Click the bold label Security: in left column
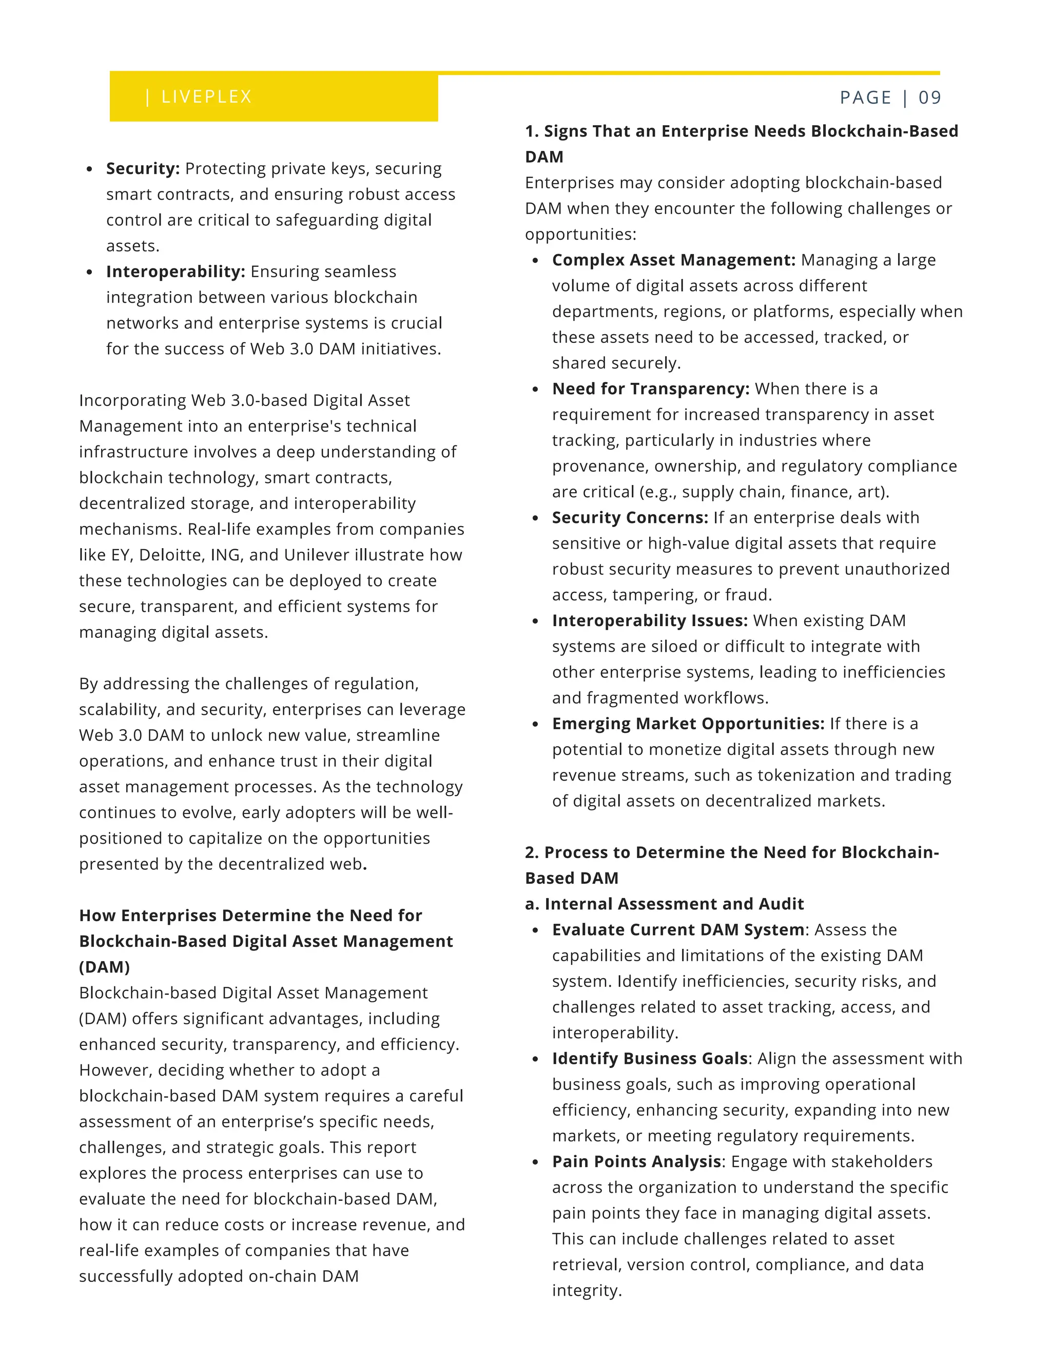[143, 169]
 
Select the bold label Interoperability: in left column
[176, 271]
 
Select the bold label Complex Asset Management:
[673, 260]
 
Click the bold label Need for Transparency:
[650, 388]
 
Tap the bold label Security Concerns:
[630, 517]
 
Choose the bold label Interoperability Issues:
[649, 620]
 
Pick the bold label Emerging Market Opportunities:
[687, 724]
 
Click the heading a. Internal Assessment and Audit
[664, 904]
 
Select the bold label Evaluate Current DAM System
[678, 930]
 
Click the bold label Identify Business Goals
[649, 1059]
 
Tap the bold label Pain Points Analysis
[636, 1161]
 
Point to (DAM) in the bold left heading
[105, 967]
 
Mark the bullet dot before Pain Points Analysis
[535, 1162]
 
